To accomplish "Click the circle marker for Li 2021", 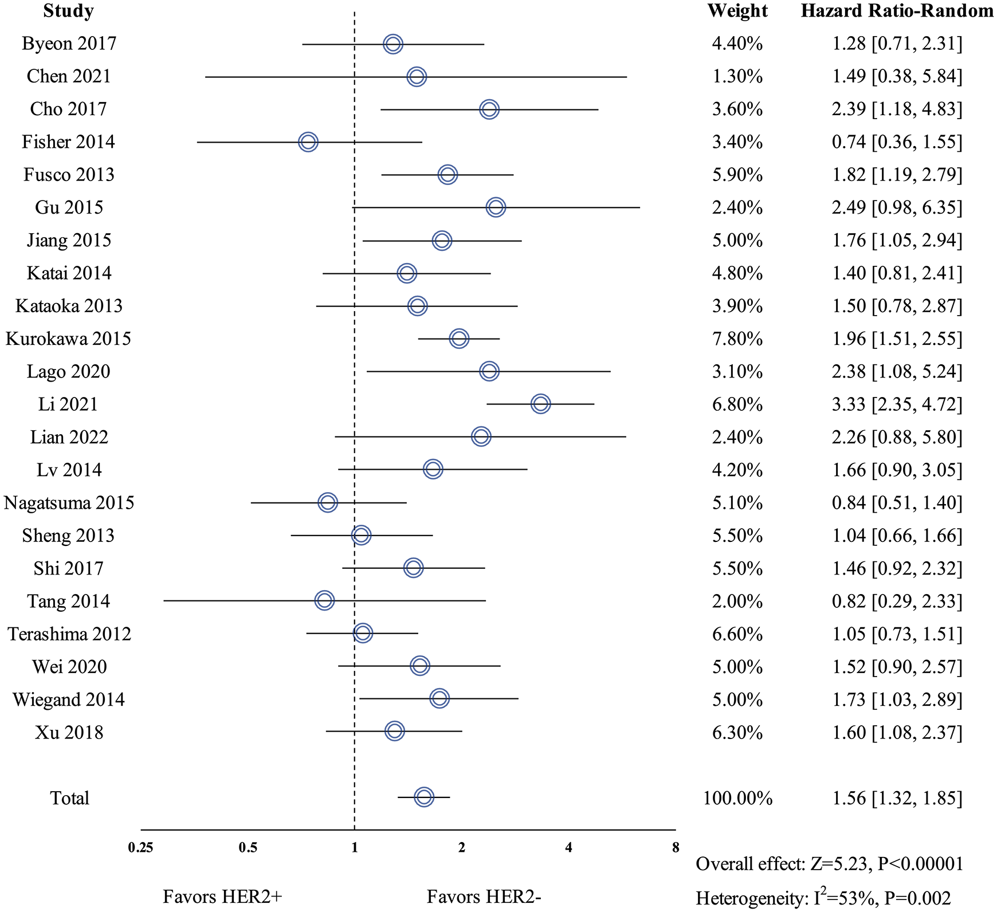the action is point(540,404).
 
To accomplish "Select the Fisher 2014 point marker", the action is point(308,141).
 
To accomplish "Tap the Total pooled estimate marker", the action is point(424,797).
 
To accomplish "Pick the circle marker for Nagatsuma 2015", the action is point(328,502).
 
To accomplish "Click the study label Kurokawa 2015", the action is point(68,339).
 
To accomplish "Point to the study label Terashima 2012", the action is point(69,634).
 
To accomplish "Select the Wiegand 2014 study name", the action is point(69,699).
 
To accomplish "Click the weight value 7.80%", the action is point(737,339).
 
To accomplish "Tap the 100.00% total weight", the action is point(738,798).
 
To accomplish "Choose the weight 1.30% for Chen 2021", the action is point(737,76).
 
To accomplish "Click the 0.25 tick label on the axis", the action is point(141,847).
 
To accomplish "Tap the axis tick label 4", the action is point(568,847).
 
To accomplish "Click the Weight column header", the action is point(737,11).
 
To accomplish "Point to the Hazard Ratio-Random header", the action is point(897,11).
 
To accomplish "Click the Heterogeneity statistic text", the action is point(823,898).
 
